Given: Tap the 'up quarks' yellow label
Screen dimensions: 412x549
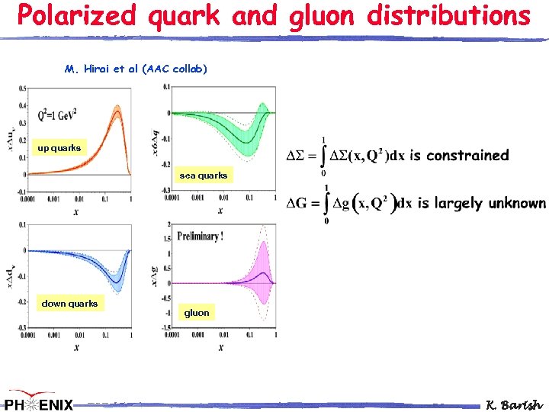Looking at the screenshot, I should click(59, 148).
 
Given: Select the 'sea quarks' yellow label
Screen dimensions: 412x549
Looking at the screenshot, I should click(203, 175).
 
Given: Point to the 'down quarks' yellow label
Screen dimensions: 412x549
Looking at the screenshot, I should click(69, 304).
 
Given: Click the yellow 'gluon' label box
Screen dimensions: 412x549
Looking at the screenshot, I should click(197, 313).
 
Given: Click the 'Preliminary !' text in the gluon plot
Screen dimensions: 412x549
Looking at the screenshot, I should click(200, 237).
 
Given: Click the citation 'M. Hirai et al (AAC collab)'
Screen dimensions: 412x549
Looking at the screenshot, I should click(136, 69).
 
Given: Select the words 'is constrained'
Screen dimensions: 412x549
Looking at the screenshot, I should click(459, 156).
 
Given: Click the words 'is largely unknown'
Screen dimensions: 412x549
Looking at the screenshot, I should click(481, 203).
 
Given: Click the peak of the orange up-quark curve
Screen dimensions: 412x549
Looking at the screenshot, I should click(117, 110).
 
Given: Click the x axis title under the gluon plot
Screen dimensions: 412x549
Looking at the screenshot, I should click(220, 347).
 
